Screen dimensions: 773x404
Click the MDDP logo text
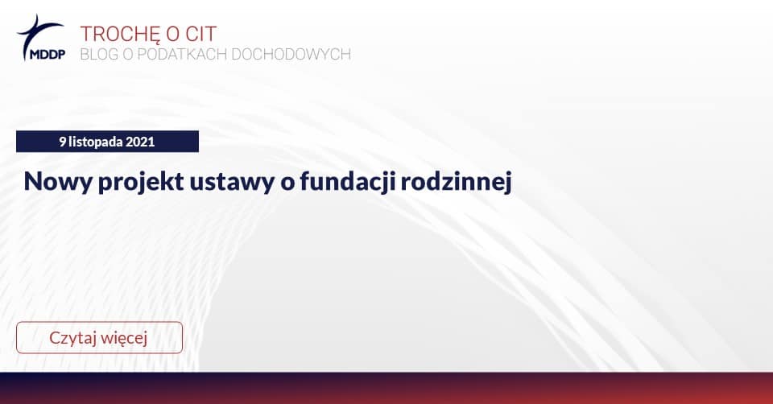(48, 54)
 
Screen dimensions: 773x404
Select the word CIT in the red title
(200, 34)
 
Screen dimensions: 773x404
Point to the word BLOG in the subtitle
(99, 54)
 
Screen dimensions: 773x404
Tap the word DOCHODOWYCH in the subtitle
(291, 54)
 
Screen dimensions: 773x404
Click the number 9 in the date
(63, 142)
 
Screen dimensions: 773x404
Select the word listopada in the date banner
(96, 142)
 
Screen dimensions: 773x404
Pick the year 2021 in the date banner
(140, 142)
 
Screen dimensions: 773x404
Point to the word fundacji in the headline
(347, 182)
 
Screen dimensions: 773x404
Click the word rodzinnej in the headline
(456, 182)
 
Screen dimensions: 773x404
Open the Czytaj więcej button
(99, 337)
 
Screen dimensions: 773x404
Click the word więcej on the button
(124, 339)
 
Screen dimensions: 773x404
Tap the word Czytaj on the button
(72, 339)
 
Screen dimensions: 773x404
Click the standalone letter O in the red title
(172, 34)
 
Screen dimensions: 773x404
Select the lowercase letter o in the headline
(287, 183)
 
